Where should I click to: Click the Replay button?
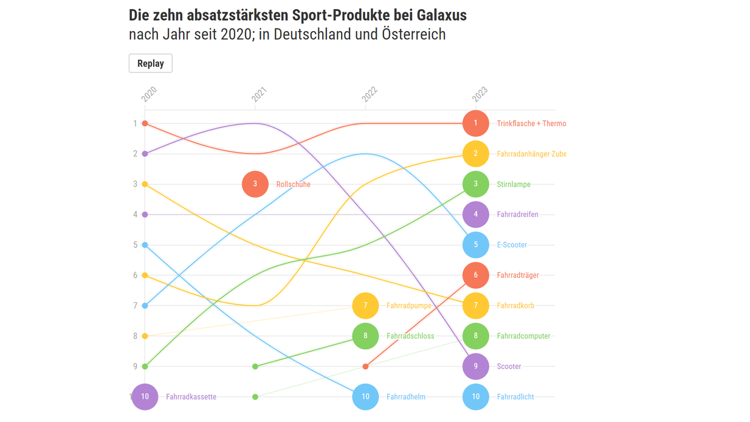[150, 63]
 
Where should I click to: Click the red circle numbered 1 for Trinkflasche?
[475, 123]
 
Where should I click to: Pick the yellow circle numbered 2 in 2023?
[475, 154]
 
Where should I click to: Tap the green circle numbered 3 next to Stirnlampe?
[475, 184]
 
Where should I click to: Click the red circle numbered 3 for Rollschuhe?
[255, 184]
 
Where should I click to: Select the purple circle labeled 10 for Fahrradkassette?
[145, 397]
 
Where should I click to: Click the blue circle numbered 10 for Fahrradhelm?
[365, 397]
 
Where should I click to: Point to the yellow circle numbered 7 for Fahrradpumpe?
[365, 306]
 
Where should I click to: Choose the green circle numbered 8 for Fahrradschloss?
[365, 336]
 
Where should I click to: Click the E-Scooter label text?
[512, 245]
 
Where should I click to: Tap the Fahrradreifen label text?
[517, 215]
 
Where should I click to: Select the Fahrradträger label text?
[518, 275]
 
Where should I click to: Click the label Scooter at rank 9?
[509, 367]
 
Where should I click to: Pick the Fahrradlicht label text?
[515, 397]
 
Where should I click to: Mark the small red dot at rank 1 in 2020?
[145, 123]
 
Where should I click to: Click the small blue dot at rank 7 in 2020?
[145, 306]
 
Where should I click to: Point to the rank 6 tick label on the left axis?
[135, 275]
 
